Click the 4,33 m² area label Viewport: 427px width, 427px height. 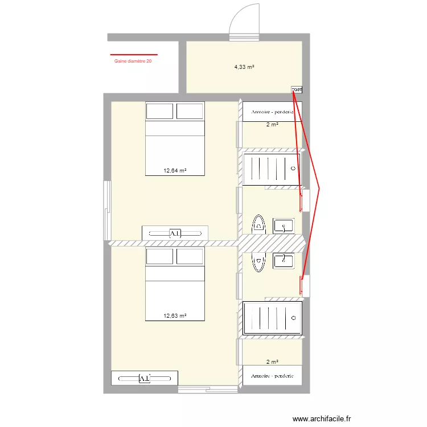244,67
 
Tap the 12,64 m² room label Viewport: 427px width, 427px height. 175,170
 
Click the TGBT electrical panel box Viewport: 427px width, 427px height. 297,89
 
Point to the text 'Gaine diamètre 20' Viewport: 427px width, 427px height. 133,61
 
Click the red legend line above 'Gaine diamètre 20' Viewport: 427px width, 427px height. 133,55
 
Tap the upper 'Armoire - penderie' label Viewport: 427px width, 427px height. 272,112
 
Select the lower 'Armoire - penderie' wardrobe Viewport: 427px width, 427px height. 272,376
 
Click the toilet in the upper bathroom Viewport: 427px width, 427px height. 259,224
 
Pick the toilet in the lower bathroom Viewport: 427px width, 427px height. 259,262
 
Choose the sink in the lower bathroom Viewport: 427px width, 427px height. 284,261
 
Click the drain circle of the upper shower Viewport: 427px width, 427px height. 293,169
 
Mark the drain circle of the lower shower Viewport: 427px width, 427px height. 294,318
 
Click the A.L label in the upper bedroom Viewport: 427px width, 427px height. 175,233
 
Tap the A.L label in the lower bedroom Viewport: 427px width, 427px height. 145,378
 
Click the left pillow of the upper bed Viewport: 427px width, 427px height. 160,110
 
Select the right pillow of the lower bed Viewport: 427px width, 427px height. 190,256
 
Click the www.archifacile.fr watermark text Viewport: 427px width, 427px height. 322,418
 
